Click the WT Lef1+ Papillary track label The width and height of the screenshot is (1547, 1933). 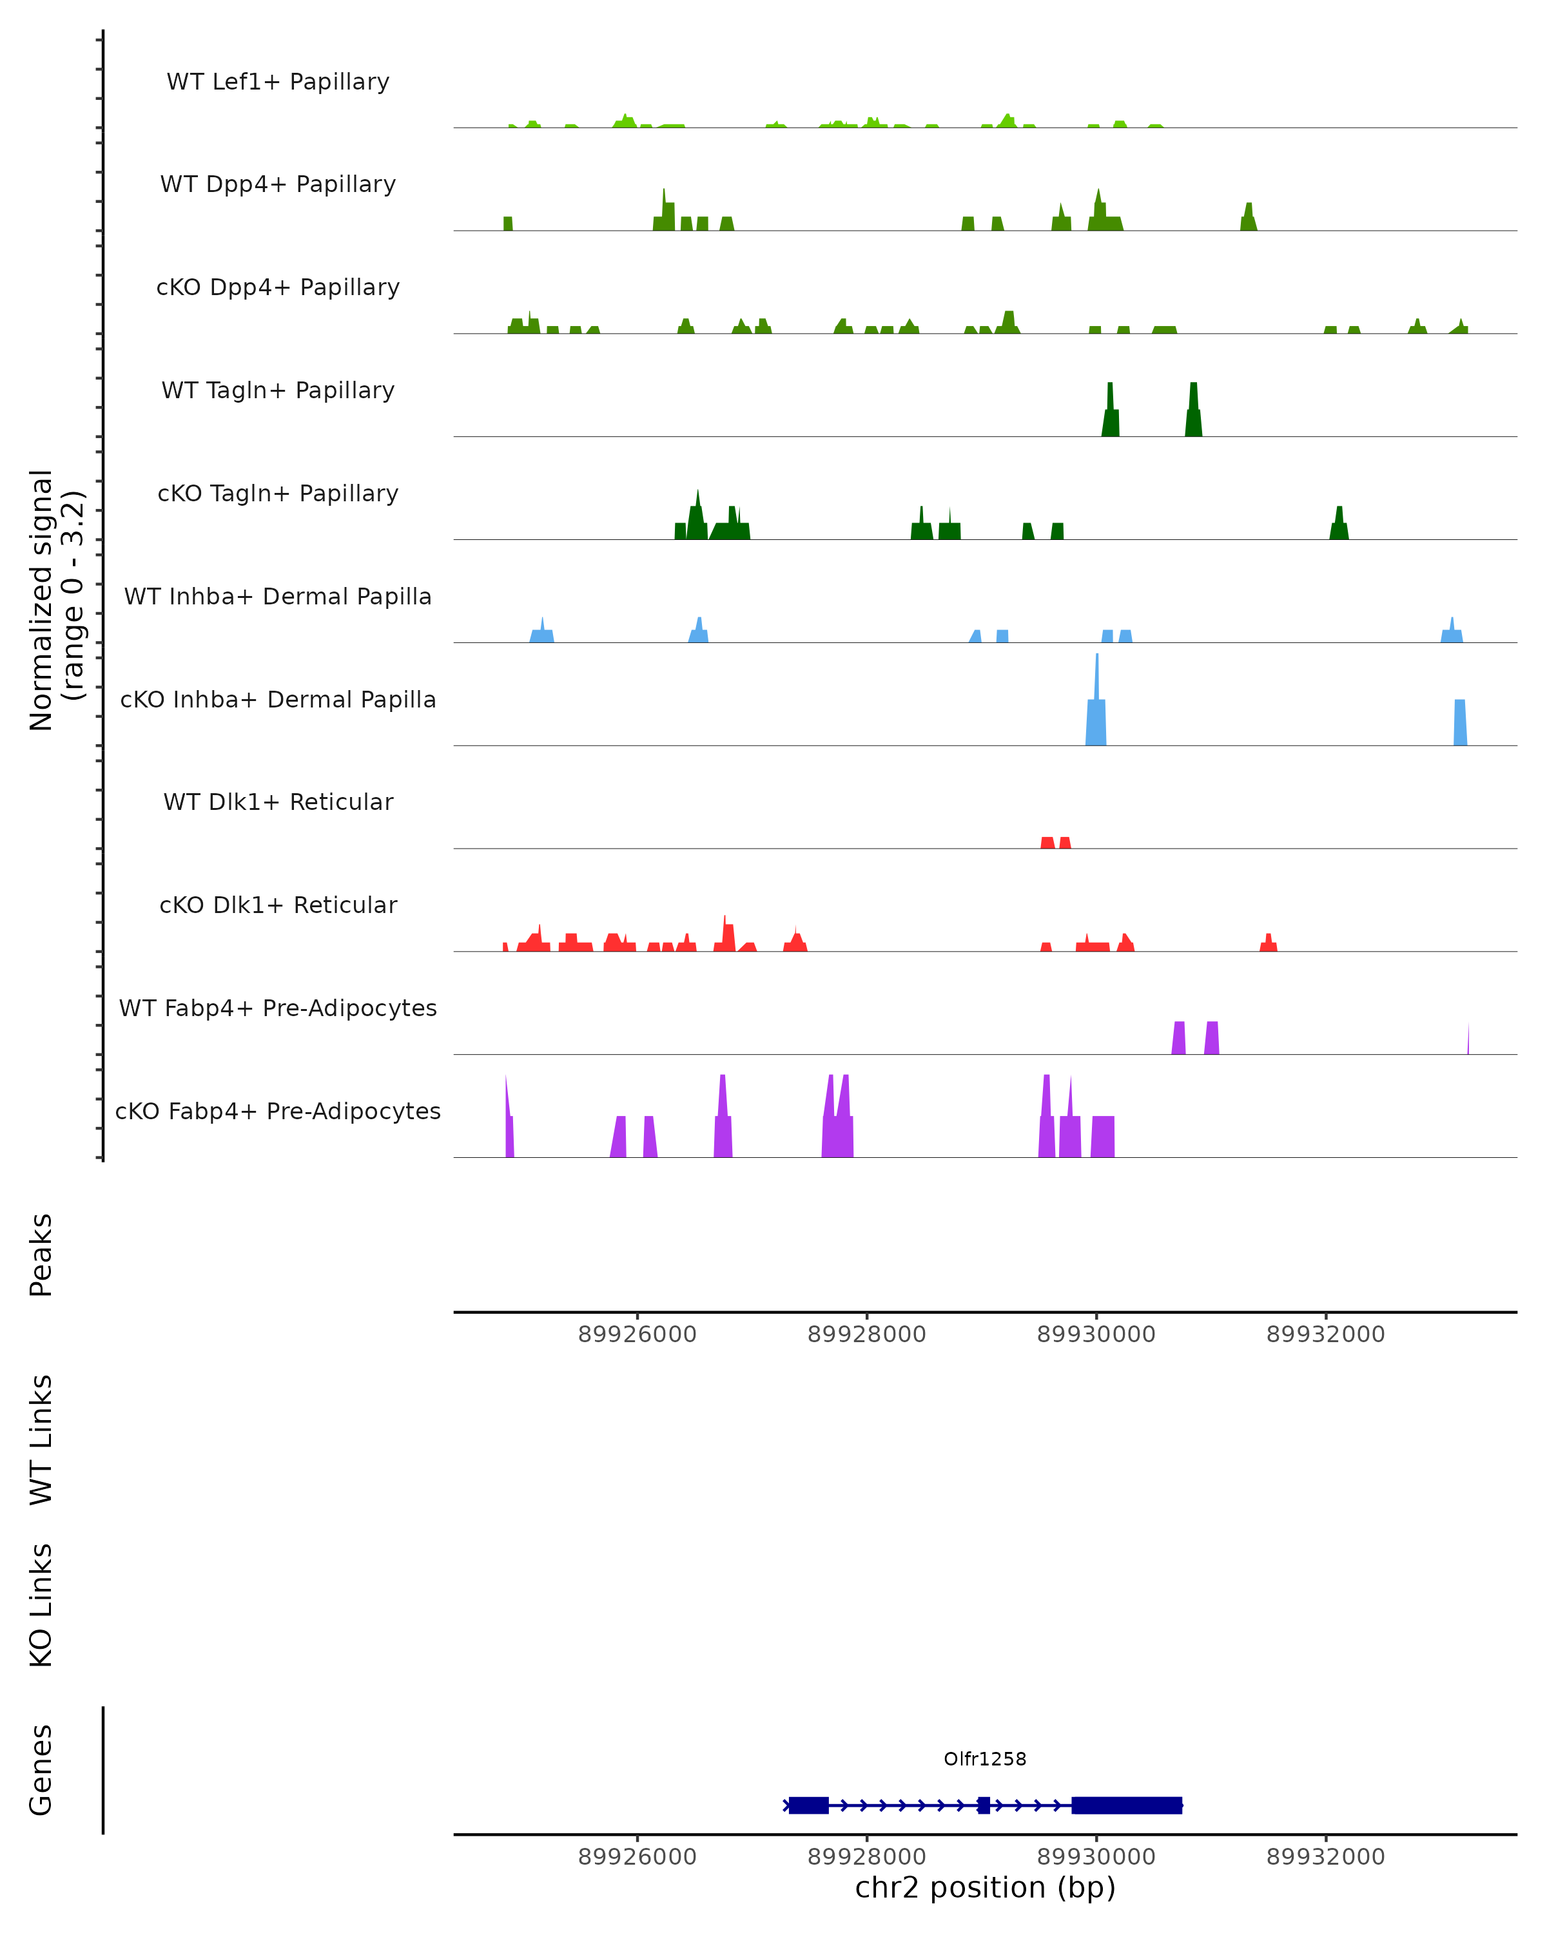(x=278, y=82)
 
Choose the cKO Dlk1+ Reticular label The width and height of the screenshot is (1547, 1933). (x=278, y=905)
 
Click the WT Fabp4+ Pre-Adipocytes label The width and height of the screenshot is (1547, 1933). (x=278, y=1008)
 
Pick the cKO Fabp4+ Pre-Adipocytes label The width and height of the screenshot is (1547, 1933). (x=278, y=1111)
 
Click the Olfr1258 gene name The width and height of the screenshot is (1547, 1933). (x=985, y=1758)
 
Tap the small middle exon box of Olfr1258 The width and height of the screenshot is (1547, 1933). (x=984, y=1805)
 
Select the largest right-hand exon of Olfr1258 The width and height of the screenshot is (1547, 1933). (x=1126, y=1805)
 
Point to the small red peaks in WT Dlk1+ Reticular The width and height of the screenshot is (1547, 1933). (x=1056, y=842)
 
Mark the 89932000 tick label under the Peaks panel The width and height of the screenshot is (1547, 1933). (x=1325, y=1334)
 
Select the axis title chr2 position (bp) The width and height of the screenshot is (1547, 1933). (x=985, y=1887)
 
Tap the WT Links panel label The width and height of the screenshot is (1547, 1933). (x=41, y=1439)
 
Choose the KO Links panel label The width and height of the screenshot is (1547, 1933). (x=41, y=1605)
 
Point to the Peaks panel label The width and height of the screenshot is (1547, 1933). (x=41, y=1255)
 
